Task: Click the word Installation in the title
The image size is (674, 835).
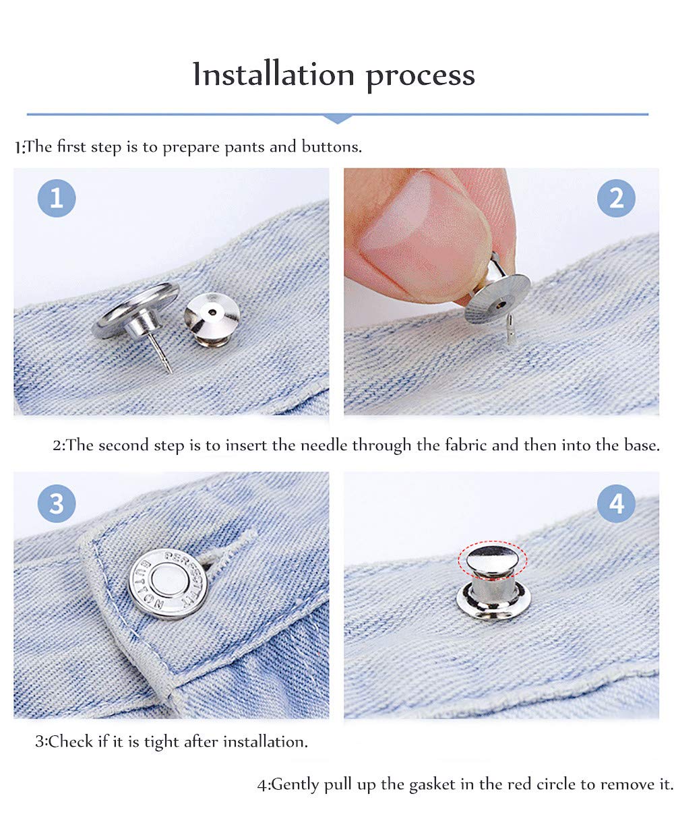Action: [x=273, y=75]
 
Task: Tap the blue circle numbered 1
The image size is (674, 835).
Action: [x=57, y=198]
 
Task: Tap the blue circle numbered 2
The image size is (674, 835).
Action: [x=615, y=198]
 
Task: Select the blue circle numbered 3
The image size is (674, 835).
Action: [x=57, y=503]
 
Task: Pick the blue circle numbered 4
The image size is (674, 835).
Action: [x=615, y=503]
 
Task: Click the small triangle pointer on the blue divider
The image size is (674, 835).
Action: [x=337, y=119]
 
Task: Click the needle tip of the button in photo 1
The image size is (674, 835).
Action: [x=170, y=371]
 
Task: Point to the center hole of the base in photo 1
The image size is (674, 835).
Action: [x=212, y=312]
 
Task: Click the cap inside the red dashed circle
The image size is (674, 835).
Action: [x=493, y=558]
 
